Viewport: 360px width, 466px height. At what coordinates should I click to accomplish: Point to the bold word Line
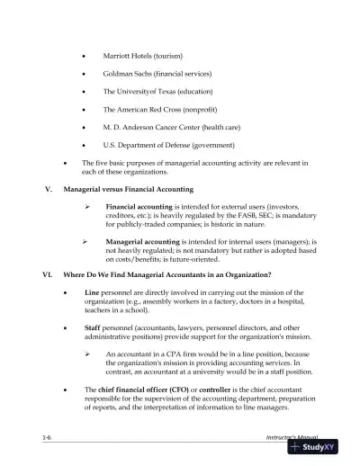point(92,293)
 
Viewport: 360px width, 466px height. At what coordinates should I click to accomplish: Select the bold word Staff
point(93,328)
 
